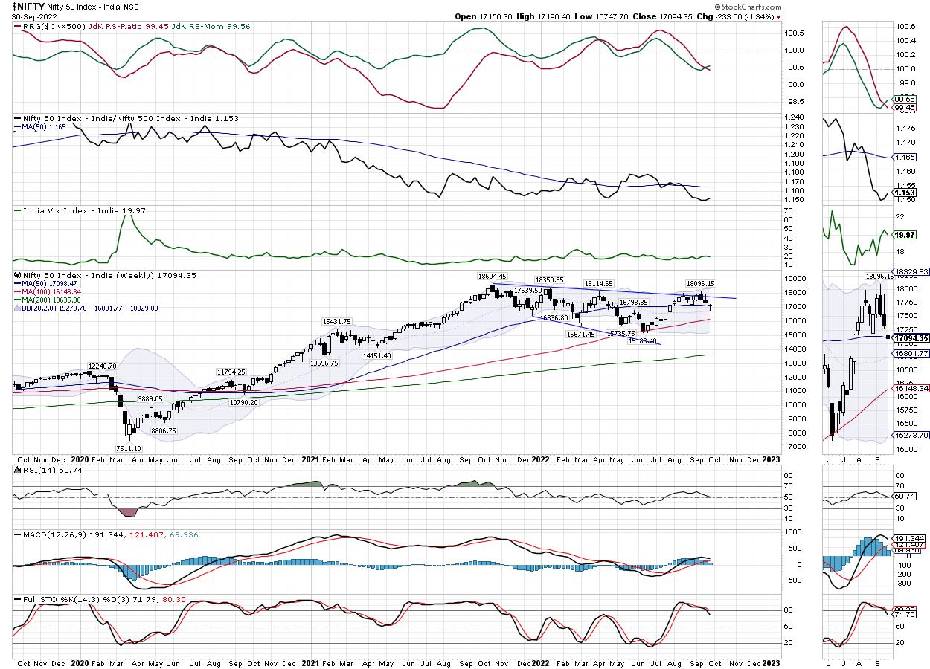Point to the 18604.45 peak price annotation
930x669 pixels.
point(492,276)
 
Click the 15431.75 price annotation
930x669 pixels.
point(336,321)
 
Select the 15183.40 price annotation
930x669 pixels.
point(642,340)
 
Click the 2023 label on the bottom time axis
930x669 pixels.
point(771,459)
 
